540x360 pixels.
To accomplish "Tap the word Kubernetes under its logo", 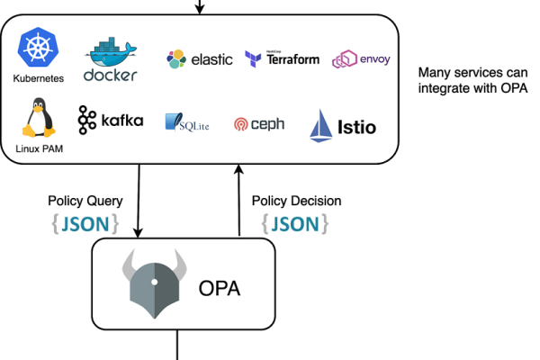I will pyautogui.click(x=39, y=78).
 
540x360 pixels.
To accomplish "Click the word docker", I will pyautogui.click(x=110, y=75).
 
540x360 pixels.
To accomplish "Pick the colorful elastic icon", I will pyautogui.click(x=176, y=59).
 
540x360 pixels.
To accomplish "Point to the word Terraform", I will pyautogui.click(x=293, y=59).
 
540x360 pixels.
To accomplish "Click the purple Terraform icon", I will pyautogui.click(x=253, y=59).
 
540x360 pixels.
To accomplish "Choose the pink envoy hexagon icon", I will pyautogui.click(x=344, y=59).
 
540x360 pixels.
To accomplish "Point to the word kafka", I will pyautogui.click(x=121, y=120).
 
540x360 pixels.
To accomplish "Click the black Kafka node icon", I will pyautogui.click(x=87, y=120).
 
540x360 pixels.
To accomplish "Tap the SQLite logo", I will pyautogui.click(x=187, y=123).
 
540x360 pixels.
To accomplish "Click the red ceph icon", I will pyautogui.click(x=240, y=124).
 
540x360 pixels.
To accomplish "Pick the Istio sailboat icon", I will pyautogui.click(x=321, y=126).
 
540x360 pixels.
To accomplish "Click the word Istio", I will pyautogui.click(x=358, y=128).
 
